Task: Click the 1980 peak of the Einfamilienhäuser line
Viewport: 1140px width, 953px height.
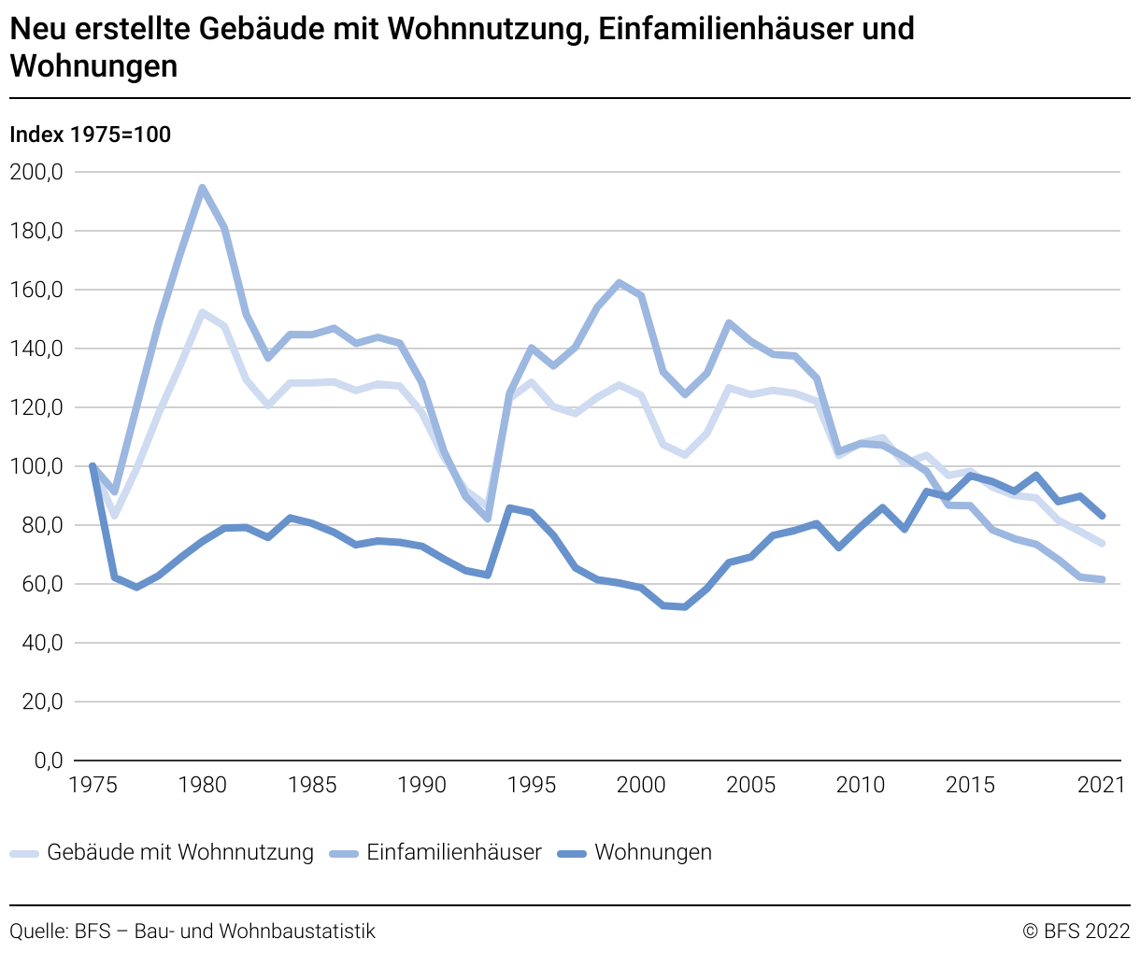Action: point(202,188)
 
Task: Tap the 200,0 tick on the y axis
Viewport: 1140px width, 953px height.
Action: point(36,172)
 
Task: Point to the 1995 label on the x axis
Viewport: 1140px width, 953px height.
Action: point(532,785)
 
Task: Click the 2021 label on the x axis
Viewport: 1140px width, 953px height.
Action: point(1102,785)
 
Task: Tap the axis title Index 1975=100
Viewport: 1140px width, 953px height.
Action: point(90,135)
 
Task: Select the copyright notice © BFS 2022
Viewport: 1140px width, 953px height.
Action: point(1076,931)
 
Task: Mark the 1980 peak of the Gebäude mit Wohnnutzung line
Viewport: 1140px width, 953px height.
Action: point(202,312)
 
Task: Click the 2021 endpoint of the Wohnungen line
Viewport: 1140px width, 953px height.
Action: point(1103,516)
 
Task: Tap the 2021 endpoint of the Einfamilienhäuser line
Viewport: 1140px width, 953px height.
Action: point(1103,579)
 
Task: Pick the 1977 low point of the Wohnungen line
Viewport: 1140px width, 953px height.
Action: point(136,587)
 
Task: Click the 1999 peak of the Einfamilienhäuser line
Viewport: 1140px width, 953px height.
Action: point(620,282)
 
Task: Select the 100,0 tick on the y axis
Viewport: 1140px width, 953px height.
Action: point(36,466)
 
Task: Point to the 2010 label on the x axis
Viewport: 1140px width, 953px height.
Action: point(861,785)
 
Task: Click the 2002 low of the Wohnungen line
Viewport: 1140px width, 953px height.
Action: point(685,607)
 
